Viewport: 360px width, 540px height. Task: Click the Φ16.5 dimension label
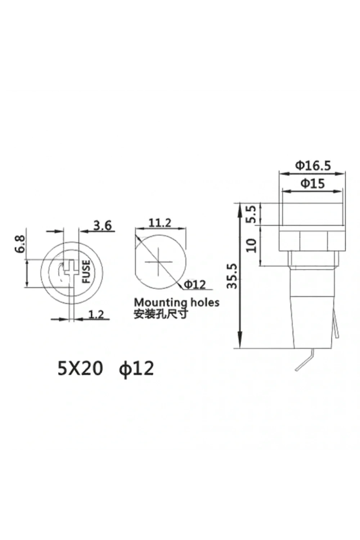click(x=313, y=166)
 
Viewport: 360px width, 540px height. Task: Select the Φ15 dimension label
click(x=313, y=184)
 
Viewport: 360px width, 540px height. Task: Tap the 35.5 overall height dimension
click(x=233, y=276)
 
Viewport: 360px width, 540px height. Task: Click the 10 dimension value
click(x=252, y=246)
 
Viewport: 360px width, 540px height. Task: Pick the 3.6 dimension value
click(x=103, y=226)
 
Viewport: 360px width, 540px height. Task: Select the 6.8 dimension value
click(x=20, y=244)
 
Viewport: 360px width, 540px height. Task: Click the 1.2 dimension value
click(x=96, y=314)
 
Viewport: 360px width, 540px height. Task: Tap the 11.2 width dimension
click(x=159, y=223)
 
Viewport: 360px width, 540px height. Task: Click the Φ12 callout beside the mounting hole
click(x=195, y=285)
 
